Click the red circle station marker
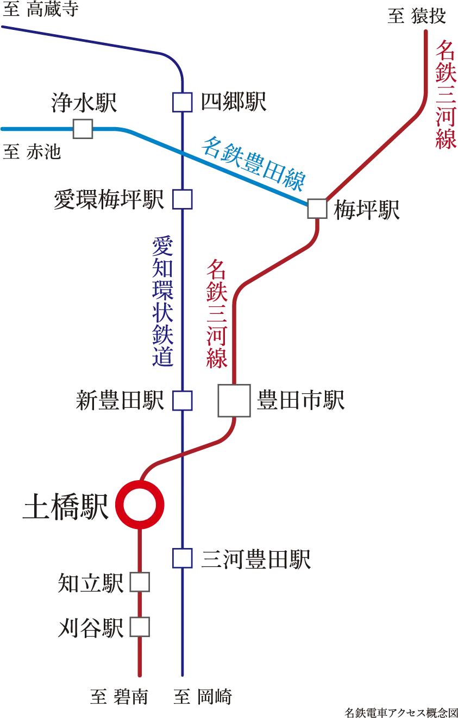[140, 505]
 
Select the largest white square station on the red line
[234, 400]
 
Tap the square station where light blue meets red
[318, 209]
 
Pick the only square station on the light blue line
[83, 129]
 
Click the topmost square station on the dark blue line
[182, 102]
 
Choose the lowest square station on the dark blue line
[183, 558]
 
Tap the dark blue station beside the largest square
[183, 400]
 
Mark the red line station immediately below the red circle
[140, 582]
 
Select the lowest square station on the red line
[140, 627]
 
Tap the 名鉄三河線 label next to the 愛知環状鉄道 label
[216, 315]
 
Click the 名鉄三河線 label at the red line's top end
[446, 96]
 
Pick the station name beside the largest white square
[301, 401]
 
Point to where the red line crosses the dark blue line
[183, 452]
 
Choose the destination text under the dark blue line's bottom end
[202, 695]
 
